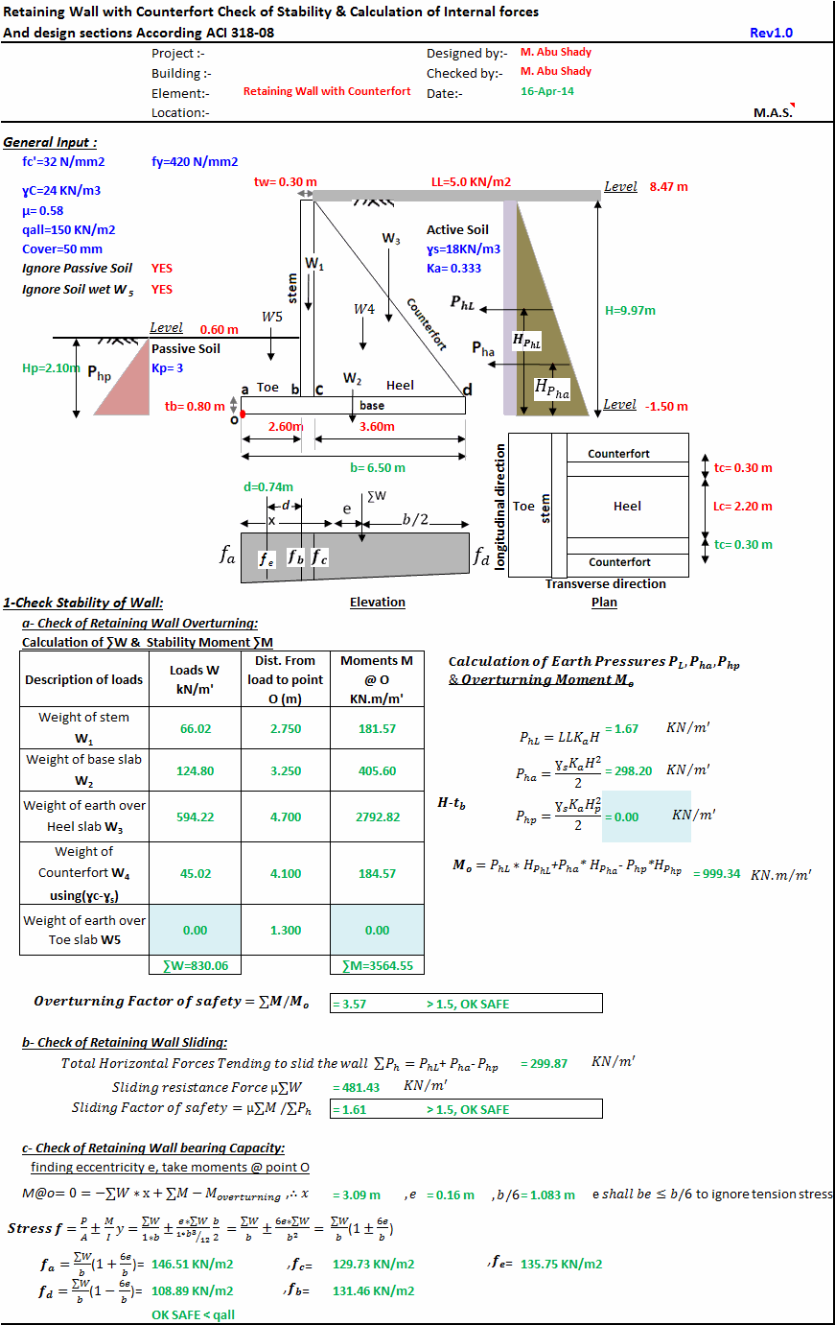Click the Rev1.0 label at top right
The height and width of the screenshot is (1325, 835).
[771, 33]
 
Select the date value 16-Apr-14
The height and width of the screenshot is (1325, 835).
[547, 92]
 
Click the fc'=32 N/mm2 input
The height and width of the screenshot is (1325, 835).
[63, 162]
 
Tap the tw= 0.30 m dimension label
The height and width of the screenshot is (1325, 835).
[285, 181]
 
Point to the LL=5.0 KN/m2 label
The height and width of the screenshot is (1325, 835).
[471, 181]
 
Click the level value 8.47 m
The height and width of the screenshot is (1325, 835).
[668, 187]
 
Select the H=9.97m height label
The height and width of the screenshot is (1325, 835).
[630, 311]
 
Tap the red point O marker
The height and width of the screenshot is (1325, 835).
[243, 414]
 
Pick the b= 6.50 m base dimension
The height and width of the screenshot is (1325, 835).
[377, 468]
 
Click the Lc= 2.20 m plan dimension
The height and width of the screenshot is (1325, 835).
[743, 507]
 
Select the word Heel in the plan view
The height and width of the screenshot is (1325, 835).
[627, 507]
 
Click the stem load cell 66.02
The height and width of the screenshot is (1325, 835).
[196, 729]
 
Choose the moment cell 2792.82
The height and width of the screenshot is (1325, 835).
[377, 817]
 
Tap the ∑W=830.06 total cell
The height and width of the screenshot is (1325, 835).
[196, 966]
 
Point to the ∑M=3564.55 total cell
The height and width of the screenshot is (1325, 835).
[377, 966]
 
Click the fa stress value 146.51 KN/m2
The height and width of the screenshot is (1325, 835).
[192, 1265]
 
